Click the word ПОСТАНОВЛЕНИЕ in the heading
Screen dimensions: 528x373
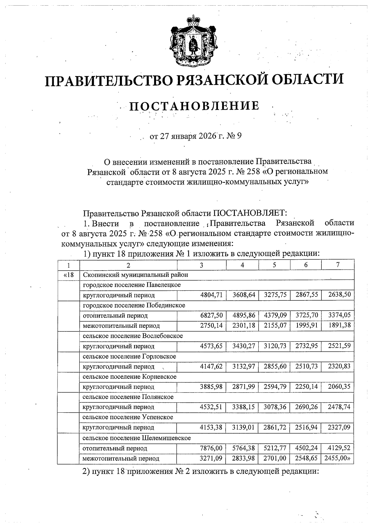[x=194, y=106]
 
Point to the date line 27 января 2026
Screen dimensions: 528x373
[x=196, y=136]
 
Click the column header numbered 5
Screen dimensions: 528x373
[x=274, y=265]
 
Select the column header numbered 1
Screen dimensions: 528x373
[x=68, y=265]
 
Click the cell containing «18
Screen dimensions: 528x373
[x=68, y=275]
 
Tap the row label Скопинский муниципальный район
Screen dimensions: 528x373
[x=136, y=275]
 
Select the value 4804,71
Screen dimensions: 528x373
[x=211, y=295]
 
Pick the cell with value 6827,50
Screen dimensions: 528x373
[x=211, y=315]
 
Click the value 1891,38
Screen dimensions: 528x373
[x=339, y=326]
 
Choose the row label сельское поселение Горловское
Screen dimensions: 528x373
[x=129, y=356]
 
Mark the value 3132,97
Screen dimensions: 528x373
[x=244, y=367]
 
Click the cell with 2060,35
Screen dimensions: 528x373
[x=339, y=387]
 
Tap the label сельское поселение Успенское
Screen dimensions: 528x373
[x=128, y=417]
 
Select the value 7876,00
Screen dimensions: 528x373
[x=211, y=448]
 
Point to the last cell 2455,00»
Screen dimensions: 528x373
[x=339, y=458]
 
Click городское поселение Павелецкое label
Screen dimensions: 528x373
[x=132, y=285]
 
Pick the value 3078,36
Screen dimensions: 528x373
[x=275, y=407]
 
